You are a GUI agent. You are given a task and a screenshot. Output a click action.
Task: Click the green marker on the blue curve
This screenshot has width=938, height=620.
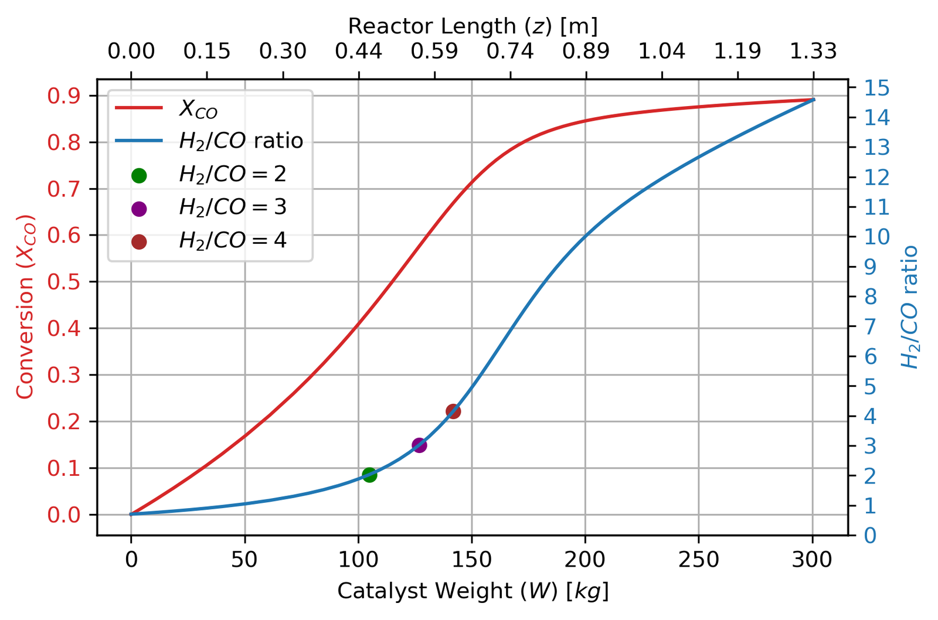(369, 475)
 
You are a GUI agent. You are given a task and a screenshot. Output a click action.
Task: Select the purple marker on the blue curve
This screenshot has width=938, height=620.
(419, 445)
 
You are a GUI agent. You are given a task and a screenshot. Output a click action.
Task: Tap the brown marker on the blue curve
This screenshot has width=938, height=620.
(453, 411)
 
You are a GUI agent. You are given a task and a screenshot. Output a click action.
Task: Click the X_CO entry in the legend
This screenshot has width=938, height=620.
(198, 109)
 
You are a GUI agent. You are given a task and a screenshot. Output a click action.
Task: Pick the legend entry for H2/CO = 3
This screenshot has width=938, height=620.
(232, 207)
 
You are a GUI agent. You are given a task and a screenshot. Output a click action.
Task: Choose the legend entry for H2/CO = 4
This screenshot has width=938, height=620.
(232, 241)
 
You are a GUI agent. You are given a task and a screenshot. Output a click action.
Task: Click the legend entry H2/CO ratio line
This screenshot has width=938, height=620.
(240, 141)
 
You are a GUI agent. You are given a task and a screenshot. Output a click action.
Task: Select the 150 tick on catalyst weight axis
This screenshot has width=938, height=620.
(472, 560)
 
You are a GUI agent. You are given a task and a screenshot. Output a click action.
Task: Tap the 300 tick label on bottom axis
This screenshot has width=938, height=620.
(813, 560)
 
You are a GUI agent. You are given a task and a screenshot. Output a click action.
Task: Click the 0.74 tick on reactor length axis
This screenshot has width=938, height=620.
(510, 52)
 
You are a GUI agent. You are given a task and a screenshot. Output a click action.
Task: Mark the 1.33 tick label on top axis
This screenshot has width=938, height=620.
(813, 52)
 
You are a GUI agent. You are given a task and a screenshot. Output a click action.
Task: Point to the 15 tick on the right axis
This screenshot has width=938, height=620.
(877, 88)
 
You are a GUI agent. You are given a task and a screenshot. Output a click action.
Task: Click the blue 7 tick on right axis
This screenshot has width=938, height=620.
(871, 326)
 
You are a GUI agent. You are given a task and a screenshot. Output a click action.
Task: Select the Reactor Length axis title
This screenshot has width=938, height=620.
(473, 26)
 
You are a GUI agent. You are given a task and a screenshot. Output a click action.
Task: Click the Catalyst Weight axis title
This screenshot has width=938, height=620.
(473, 591)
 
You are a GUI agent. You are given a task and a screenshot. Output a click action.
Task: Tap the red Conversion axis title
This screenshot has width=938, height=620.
(26, 306)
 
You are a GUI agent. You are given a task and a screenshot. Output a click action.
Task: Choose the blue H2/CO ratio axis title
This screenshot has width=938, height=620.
(910, 306)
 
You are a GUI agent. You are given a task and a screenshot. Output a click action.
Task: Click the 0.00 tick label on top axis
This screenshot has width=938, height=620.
(131, 52)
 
